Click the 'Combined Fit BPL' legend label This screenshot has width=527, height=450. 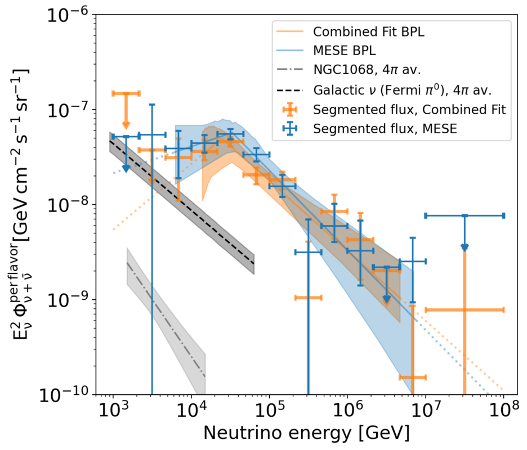coord(368,31)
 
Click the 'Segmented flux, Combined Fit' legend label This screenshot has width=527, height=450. coord(409,110)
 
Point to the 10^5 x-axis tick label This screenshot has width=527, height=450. coord(269,409)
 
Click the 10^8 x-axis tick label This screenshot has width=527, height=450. coord(503,409)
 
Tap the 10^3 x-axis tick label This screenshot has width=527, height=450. coord(113,409)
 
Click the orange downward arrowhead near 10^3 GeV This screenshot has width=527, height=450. coord(126,125)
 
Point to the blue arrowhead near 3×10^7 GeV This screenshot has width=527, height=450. coord(465,247)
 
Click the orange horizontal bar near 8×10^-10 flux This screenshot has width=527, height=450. coord(484,309)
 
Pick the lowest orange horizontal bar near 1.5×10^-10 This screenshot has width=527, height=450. coord(412,377)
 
